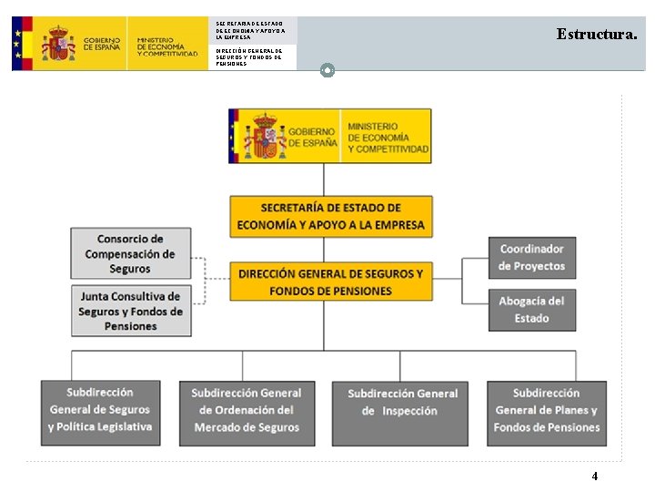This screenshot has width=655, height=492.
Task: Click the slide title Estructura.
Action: pyautogui.click(x=597, y=35)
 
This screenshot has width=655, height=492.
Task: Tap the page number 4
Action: pyautogui.click(x=595, y=476)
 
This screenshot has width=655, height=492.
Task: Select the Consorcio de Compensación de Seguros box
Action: pyautogui.click(x=131, y=253)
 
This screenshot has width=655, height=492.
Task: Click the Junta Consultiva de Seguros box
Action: pyautogui.click(x=131, y=311)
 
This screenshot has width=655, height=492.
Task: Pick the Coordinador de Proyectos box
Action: pyautogui.click(x=531, y=258)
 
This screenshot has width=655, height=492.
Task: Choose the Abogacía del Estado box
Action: pyautogui.click(x=531, y=310)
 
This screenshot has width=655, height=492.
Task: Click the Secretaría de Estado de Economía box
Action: pyautogui.click(x=330, y=217)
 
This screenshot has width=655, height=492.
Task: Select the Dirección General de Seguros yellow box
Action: pyautogui.click(x=330, y=282)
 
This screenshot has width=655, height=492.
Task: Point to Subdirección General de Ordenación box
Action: pyautogui.click(x=247, y=413)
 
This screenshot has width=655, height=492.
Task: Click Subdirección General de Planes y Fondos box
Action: pyautogui.click(x=547, y=413)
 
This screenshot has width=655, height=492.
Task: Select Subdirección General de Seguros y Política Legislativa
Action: pyautogui.click(x=100, y=413)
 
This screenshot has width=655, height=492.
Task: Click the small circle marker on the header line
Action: pyautogui.click(x=328, y=70)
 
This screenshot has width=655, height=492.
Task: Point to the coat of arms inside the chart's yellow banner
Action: pyautogui.click(x=264, y=136)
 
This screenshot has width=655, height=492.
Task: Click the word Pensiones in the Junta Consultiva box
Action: pyautogui.click(x=131, y=326)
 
